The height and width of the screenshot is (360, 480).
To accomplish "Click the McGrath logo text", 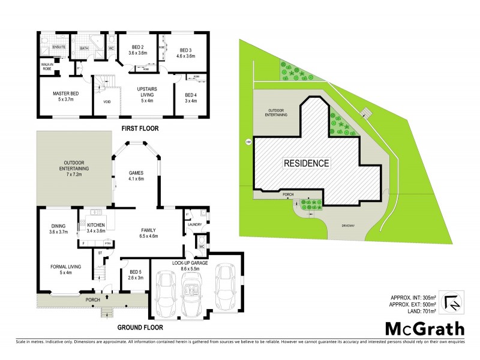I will click(424, 328).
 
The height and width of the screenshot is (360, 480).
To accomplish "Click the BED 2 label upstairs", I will click(137, 50).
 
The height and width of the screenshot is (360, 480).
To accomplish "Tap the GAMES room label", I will click(136, 175).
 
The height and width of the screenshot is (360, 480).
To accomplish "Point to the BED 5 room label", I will click(136, 274).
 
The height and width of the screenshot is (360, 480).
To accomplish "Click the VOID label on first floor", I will click(107, 102).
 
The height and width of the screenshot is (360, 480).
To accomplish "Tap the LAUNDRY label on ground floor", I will click(194, 224).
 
